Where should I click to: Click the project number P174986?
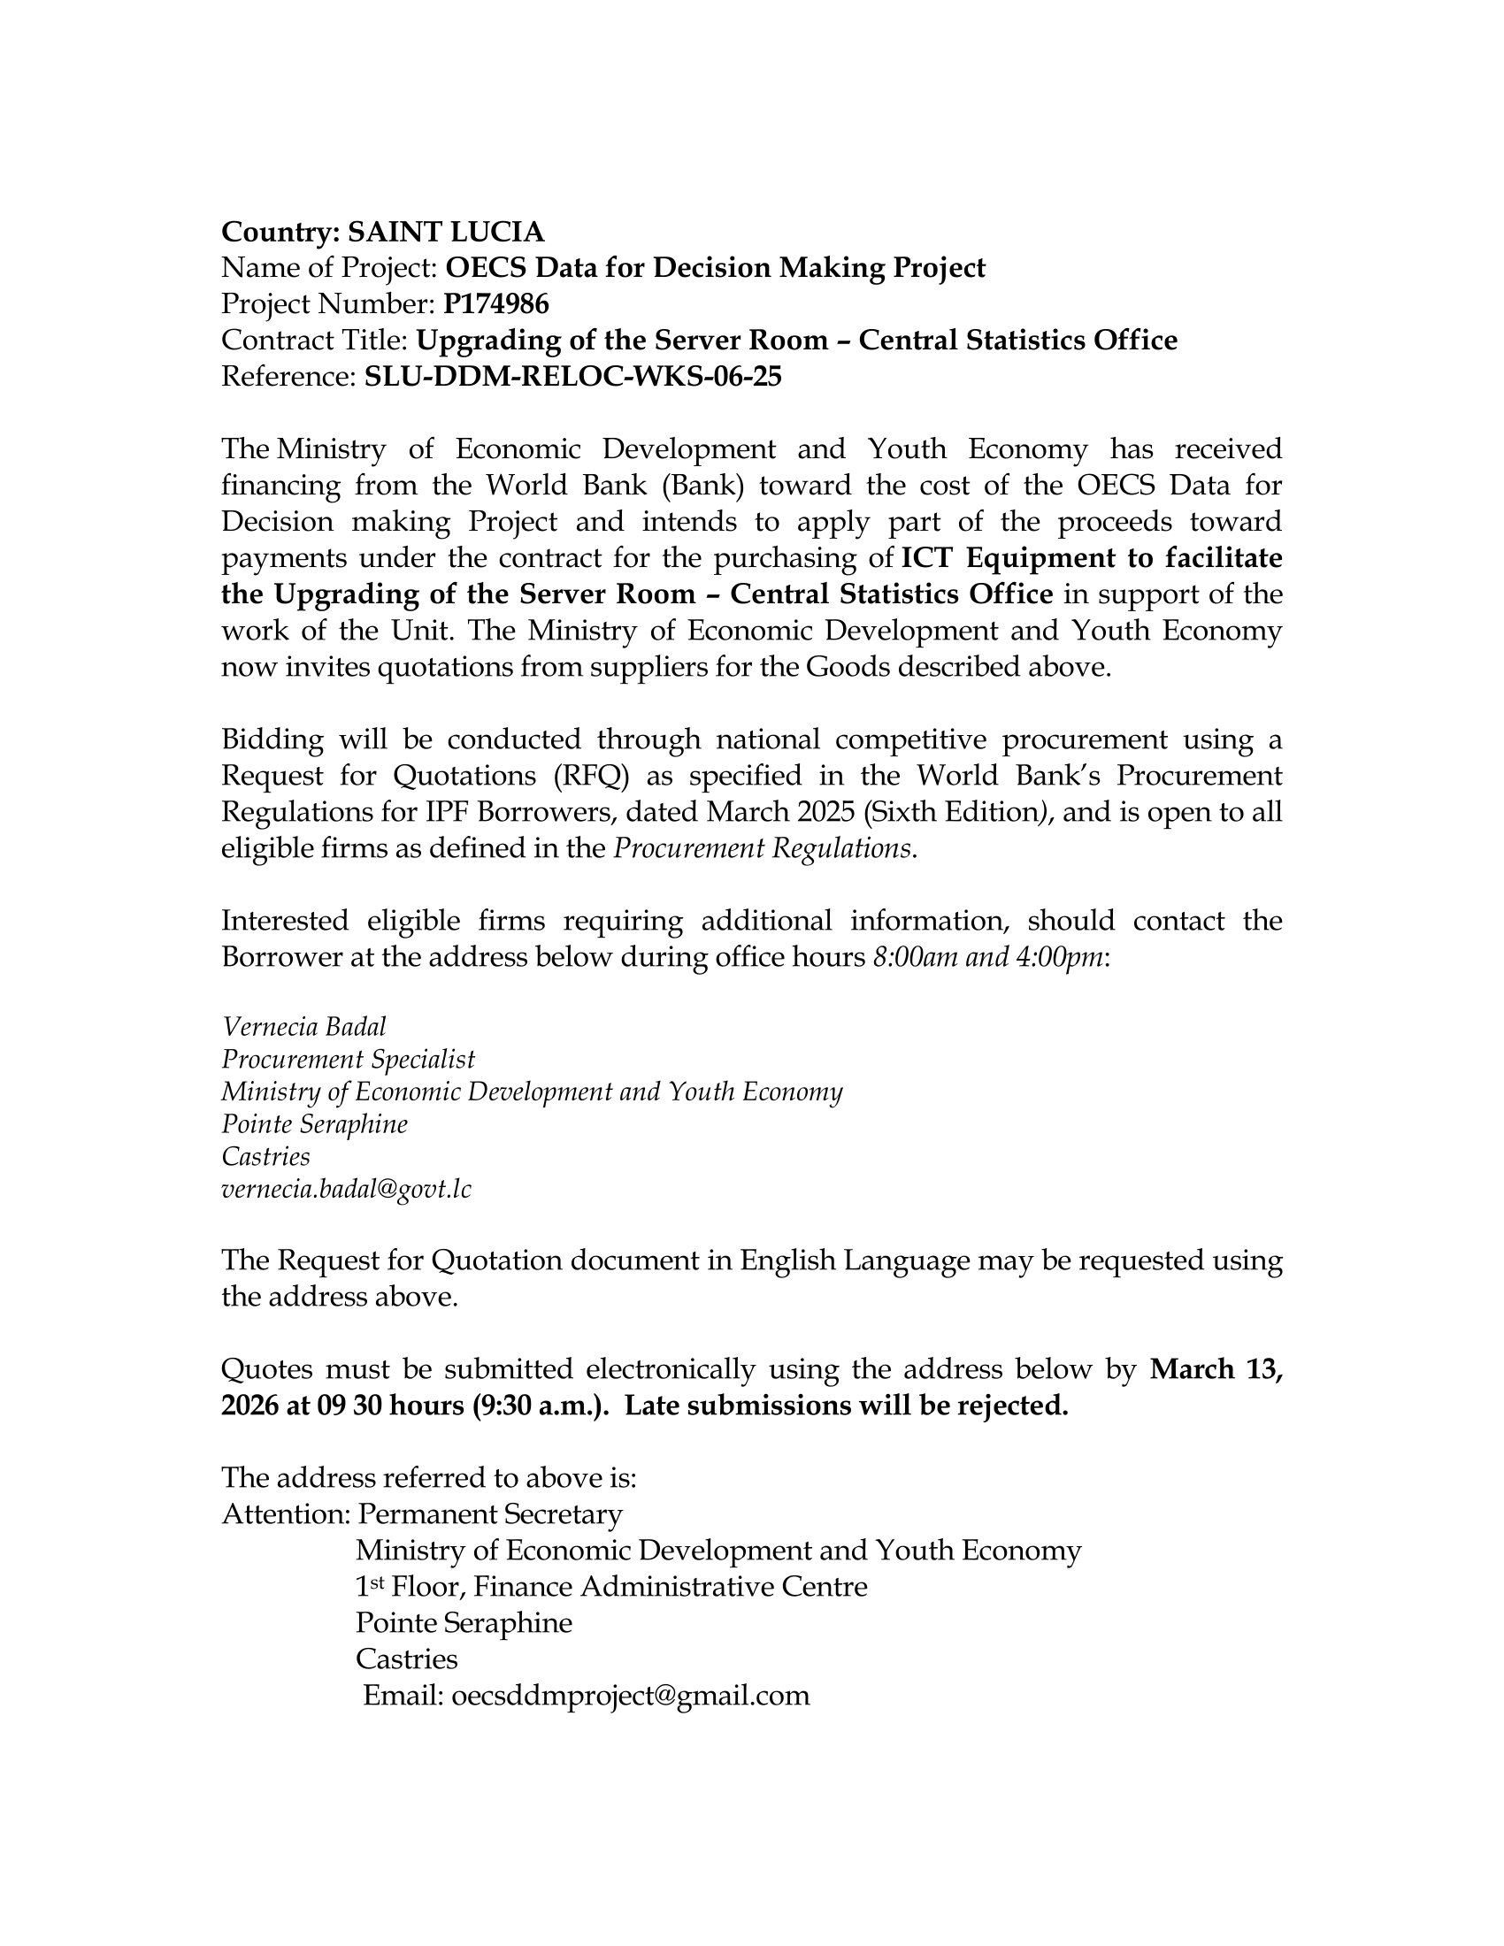pos(495,305)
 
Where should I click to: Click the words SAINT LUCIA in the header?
pos(446,232)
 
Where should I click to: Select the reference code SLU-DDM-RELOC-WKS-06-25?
pos(573,377)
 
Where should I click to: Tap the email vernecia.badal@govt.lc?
pos(346,1189)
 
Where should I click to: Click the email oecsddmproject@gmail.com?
pos(631,1695)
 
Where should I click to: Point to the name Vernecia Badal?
pos(303,1026)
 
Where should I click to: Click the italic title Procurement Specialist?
pos(349,1060)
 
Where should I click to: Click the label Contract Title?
pos(315,341)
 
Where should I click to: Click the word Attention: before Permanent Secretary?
pos(286,1513)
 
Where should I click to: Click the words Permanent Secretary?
pos(490,1513)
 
